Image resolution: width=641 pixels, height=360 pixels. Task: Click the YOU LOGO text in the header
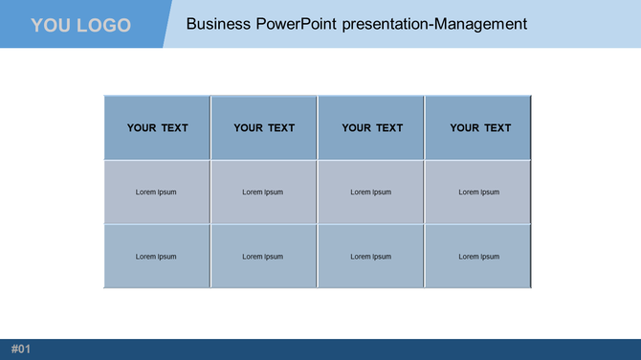tap(80, 25)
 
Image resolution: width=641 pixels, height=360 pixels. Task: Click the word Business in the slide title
tap(219, 23)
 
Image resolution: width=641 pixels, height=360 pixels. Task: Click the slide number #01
tap(21, 349)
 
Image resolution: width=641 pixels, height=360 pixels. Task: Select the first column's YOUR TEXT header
tap(157, 127)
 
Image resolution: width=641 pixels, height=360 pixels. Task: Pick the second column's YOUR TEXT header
tap(264, 127)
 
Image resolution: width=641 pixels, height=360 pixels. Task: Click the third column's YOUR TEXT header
tap(372, 127)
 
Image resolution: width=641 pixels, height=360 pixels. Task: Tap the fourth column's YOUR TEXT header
tap(480, 127)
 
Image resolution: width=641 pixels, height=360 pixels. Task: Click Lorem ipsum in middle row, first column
tap(156, 192)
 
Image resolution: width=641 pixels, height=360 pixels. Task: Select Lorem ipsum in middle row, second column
tap(263, 192)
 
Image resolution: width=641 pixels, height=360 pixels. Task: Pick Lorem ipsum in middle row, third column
tap(371, 192)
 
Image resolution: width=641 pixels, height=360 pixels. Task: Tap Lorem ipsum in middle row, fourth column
tap(479, 192)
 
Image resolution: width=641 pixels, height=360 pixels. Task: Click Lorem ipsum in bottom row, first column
tap(156, 257)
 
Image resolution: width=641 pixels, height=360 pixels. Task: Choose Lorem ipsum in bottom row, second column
tap(263, 257)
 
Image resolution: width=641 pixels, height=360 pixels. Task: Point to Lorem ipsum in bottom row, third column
tap(371, 257)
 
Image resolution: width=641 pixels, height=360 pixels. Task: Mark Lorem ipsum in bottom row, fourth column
tap(479, 257)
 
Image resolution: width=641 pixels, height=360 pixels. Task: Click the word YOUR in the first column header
tap(142, 127)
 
